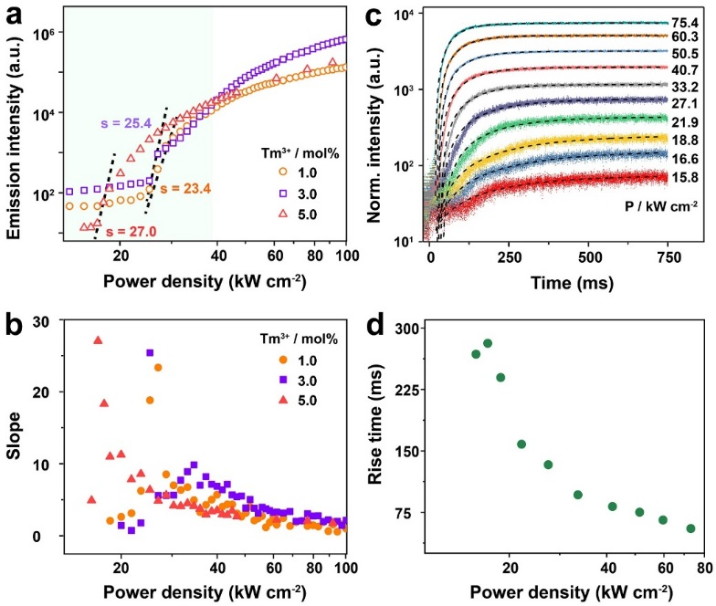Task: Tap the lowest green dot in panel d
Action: coord(690,528)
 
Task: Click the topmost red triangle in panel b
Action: coord(98,340)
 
